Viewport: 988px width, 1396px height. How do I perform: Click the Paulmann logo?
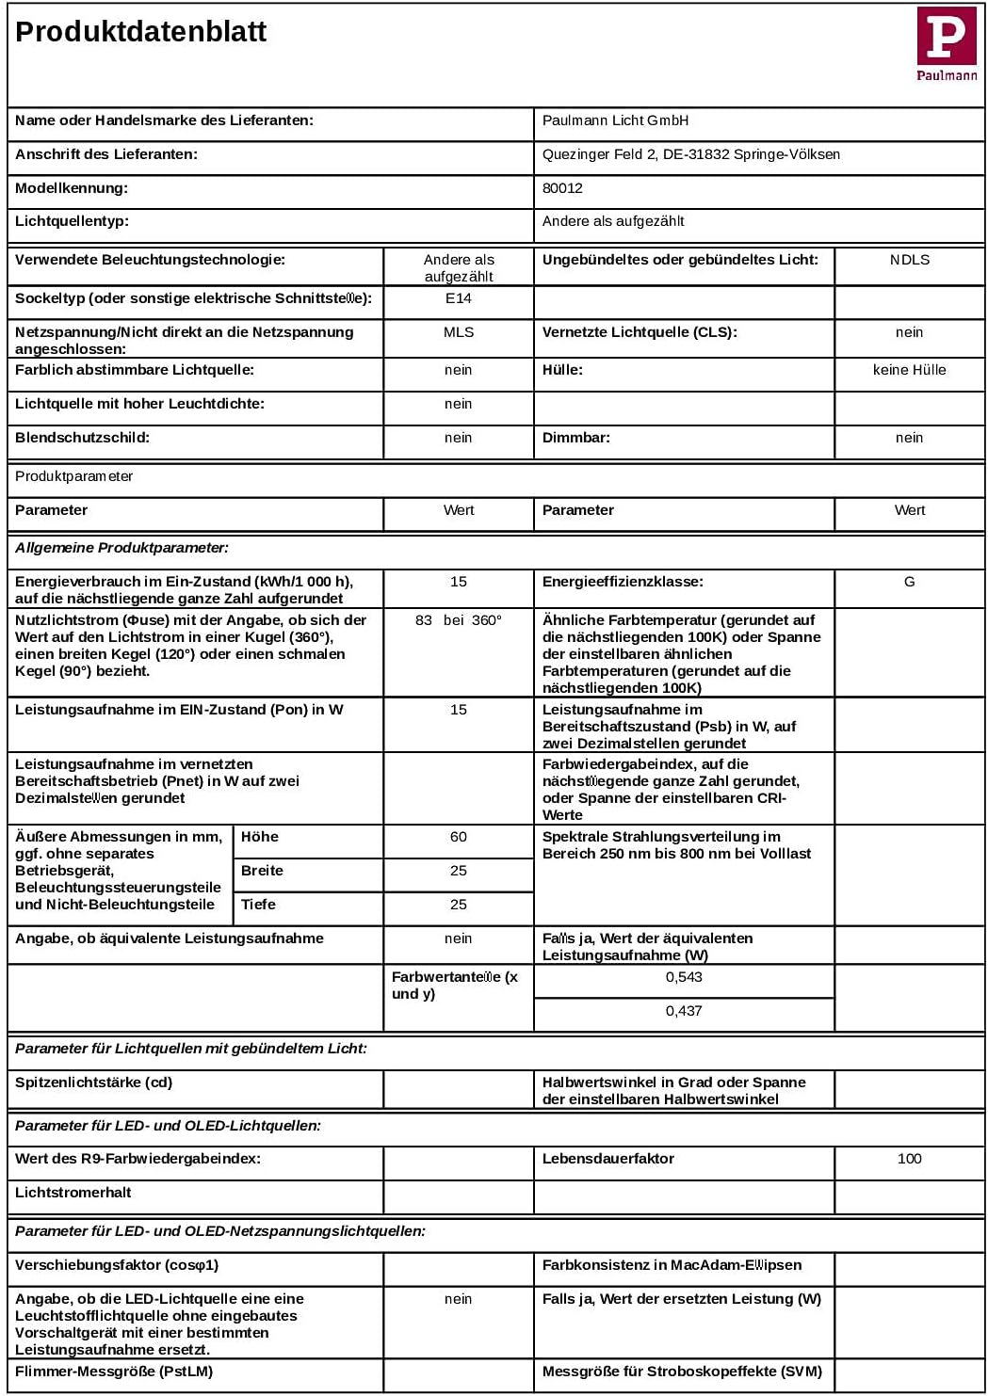tap(947, 43)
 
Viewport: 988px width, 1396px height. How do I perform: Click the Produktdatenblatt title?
tap(141, 32)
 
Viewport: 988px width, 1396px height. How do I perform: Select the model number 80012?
tap(562, 188)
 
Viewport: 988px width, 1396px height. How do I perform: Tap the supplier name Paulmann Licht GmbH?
tap(615, 120)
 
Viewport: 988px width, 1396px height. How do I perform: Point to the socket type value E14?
tap(459, 298)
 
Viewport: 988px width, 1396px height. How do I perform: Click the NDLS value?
tap(910, 260)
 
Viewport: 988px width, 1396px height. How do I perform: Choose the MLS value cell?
tap(459, 332)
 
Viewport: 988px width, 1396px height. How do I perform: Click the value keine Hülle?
tap(910, 370)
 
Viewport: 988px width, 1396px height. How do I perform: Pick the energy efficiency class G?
tap(910, 582)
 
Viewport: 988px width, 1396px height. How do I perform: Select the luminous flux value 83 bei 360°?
tap(459, 620)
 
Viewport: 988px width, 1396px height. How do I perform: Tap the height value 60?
tap(459, 837)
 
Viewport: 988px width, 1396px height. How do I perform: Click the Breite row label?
tap(262, 871)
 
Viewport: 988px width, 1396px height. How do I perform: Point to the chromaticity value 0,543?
tap(684, 977)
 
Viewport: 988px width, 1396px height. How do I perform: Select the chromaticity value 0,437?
tap(684, 1011)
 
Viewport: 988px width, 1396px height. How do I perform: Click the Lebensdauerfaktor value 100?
tap(910, 1159)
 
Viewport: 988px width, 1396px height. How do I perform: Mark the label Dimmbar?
tap(576, 438)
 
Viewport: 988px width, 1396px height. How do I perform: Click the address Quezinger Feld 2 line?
tap(691, 154)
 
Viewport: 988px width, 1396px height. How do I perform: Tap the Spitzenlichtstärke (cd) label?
tap(94, 1083)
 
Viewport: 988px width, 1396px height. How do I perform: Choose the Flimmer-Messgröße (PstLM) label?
tap(114, 1372)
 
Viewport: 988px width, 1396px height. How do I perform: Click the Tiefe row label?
tap(258, 905)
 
